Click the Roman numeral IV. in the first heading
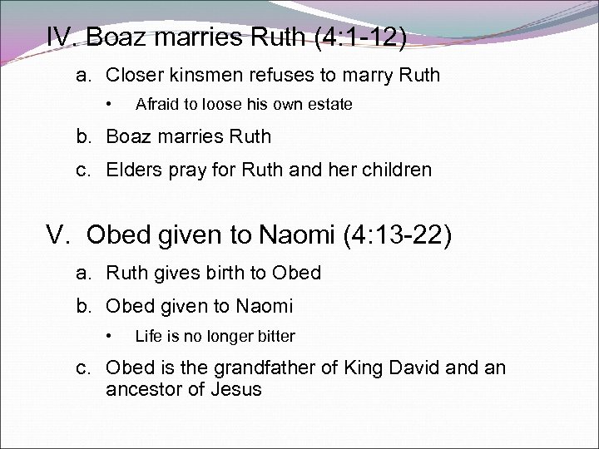62,37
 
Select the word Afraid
157,105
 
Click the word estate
330,105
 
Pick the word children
394,170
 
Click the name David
412,368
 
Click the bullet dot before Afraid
108,105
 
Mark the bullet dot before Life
108,337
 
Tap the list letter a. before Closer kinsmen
84,76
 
